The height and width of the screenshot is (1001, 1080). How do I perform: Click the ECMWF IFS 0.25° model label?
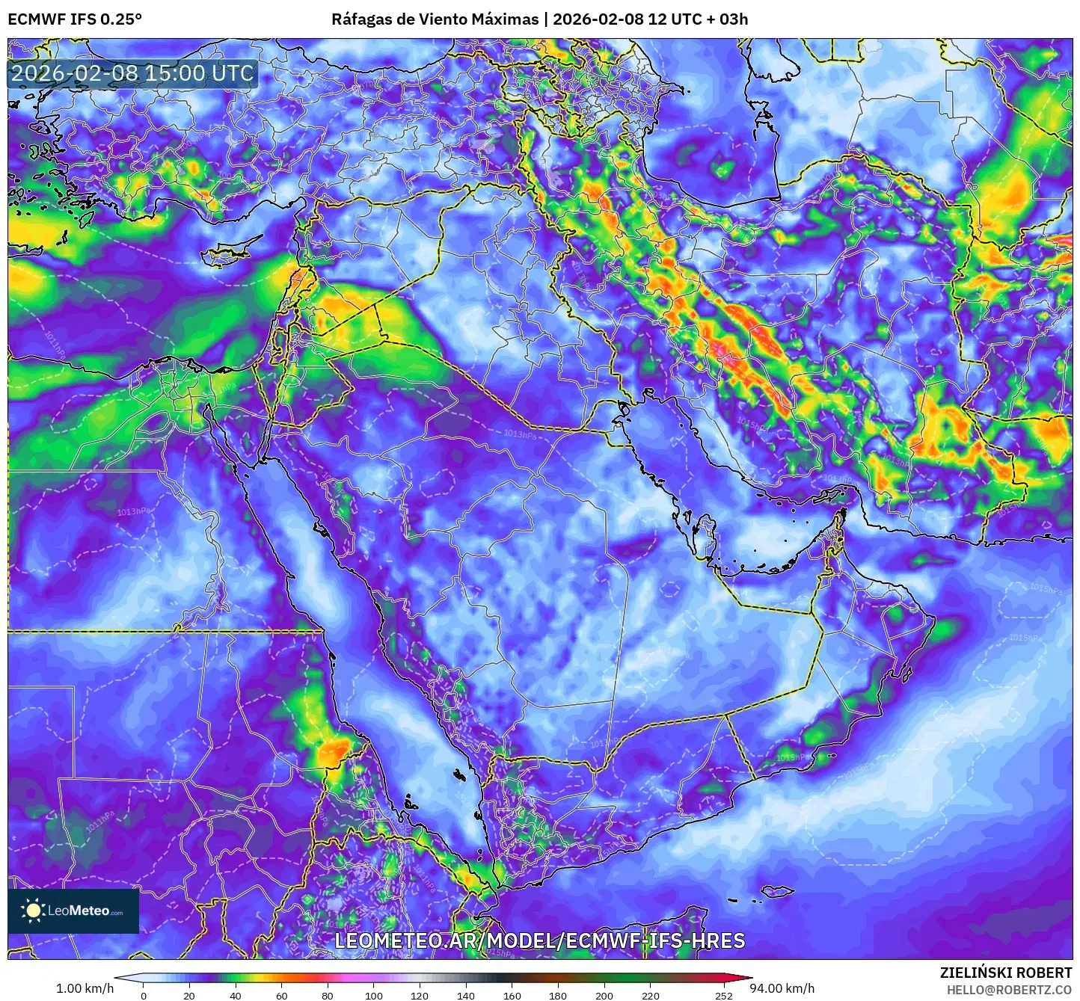point(75,19)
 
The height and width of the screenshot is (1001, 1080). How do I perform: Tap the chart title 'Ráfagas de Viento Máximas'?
point(435,19)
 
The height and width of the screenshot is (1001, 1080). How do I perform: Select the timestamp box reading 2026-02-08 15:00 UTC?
point(132,73)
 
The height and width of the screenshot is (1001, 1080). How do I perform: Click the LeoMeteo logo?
point(73,911)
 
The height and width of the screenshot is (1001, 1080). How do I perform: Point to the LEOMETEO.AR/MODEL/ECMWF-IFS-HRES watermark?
point(539,940)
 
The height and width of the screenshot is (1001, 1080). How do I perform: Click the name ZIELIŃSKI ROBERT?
point(1006,973)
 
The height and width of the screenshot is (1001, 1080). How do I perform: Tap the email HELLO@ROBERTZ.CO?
point(1009,990)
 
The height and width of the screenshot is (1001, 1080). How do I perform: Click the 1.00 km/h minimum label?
point(85,988)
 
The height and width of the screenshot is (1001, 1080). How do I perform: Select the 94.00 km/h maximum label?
point(782,988)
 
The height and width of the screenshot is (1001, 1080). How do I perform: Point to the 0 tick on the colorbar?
point(144,995)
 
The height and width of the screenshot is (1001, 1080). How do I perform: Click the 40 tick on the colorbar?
point(236,995)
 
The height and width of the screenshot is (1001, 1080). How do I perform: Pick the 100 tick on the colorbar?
point(374,995)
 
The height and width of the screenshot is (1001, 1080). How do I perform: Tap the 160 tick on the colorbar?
point(512,995)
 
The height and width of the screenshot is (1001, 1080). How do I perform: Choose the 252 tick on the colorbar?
point(723,995)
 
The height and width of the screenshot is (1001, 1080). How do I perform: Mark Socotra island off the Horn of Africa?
point(778,891)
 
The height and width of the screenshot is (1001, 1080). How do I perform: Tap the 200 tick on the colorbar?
point(604,995)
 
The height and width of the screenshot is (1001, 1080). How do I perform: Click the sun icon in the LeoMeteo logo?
point(33,911)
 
